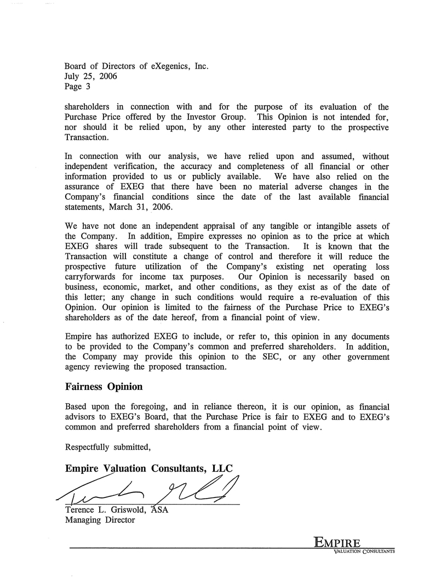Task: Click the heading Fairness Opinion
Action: (x=104, y=387)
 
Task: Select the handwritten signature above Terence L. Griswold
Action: (x=148, y=487)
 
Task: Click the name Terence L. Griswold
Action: (x=105, y=510)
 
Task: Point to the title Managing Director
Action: (x=100, y=520)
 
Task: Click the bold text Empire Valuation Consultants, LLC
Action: (x=148, y=468)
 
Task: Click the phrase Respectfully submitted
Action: (x=107, y=446)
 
